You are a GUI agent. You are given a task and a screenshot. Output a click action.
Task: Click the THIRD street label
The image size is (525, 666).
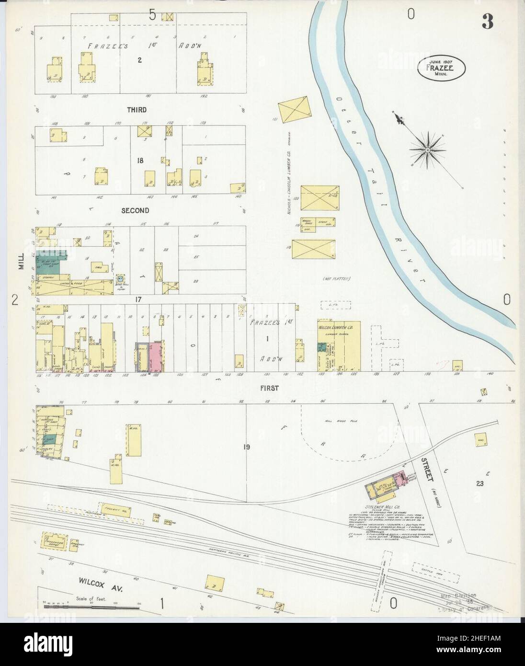137,110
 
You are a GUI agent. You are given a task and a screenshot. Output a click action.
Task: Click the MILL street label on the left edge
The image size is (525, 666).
21,263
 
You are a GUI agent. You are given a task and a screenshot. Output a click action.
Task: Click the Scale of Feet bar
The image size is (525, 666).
91,606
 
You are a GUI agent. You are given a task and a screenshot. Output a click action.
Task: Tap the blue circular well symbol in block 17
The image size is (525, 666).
120,278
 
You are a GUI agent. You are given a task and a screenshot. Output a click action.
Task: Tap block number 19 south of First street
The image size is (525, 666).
247,447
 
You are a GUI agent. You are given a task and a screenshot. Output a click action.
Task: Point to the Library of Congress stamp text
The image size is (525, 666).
464,609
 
